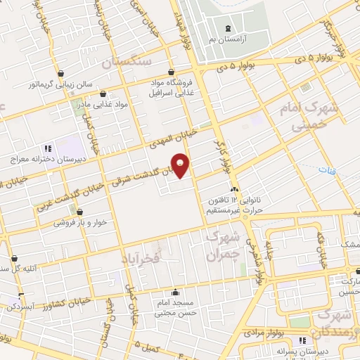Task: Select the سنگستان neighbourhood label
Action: [127, 63]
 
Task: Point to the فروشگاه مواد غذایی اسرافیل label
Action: [172, 86]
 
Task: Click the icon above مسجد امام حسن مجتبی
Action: [176, 292]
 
